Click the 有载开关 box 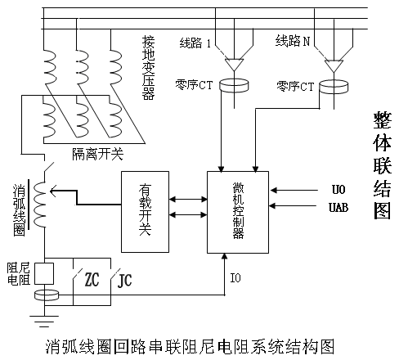coord(145,212)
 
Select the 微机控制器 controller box coord(238,212)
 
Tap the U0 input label coord(338,190)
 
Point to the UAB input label coord(338,208)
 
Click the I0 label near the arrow coord(235,278)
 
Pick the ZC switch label coord(92,279)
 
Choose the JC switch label coord(124,280)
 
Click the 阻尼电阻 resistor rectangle coord(44,274)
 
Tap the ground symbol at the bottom coord(44,321)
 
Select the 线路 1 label coord(195,43)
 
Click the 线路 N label coord(293,41)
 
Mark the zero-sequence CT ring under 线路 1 coord(234,85)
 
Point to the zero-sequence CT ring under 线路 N coord(334,87)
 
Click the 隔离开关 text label coord(97,154)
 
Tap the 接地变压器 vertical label coord(149,68)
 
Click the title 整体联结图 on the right coord(382,165)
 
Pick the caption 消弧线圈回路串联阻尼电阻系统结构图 coord(190,347)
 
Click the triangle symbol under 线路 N coord(334,65)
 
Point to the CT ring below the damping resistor coord(47,295)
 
